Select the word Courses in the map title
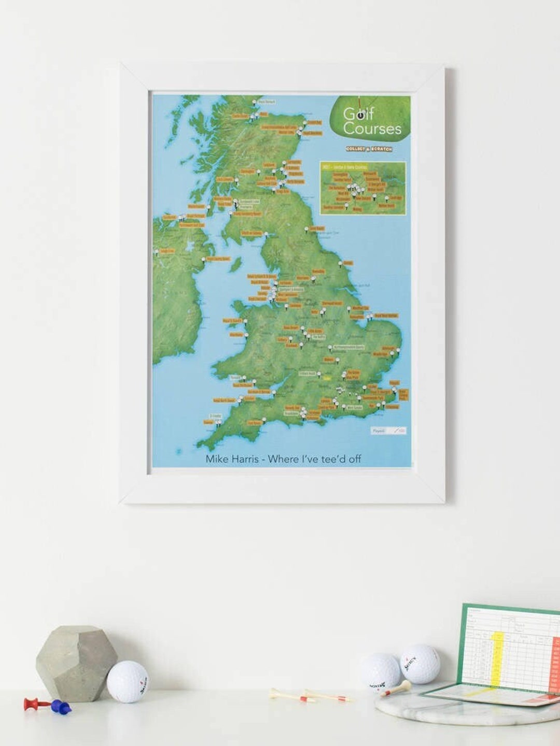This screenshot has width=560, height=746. point(372,129)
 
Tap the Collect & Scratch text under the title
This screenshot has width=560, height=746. point(369,149)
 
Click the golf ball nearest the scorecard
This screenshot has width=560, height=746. point(420,664)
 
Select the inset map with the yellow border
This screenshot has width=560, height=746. point(363,189)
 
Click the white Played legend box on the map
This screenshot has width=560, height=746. point(388,431)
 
